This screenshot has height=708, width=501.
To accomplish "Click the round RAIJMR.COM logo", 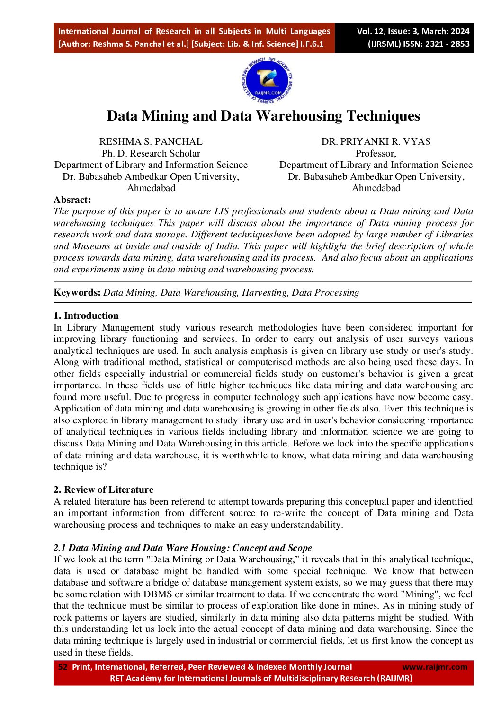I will (x=267, y=81).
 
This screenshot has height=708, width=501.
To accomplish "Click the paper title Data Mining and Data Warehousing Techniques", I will (x=263, y=116).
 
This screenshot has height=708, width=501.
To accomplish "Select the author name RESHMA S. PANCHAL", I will (x=151, y=141).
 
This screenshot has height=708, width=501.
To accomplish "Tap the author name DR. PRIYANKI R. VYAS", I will (x=376, y=141).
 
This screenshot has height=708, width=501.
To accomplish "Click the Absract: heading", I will (x=72, y=200).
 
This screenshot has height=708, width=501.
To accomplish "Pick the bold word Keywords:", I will (x=77, y=292).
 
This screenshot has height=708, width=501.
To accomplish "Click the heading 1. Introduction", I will (x=86, y=315).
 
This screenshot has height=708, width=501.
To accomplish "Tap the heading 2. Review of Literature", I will (x=103, y=489).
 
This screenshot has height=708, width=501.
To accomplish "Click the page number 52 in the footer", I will (x=63, y=667).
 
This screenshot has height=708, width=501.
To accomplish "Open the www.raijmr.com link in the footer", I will (x=435, y=667).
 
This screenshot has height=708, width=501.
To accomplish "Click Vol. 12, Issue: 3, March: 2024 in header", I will (x=413, y=31).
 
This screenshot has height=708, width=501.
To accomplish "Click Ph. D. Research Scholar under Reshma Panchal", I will (x=151, y=153).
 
